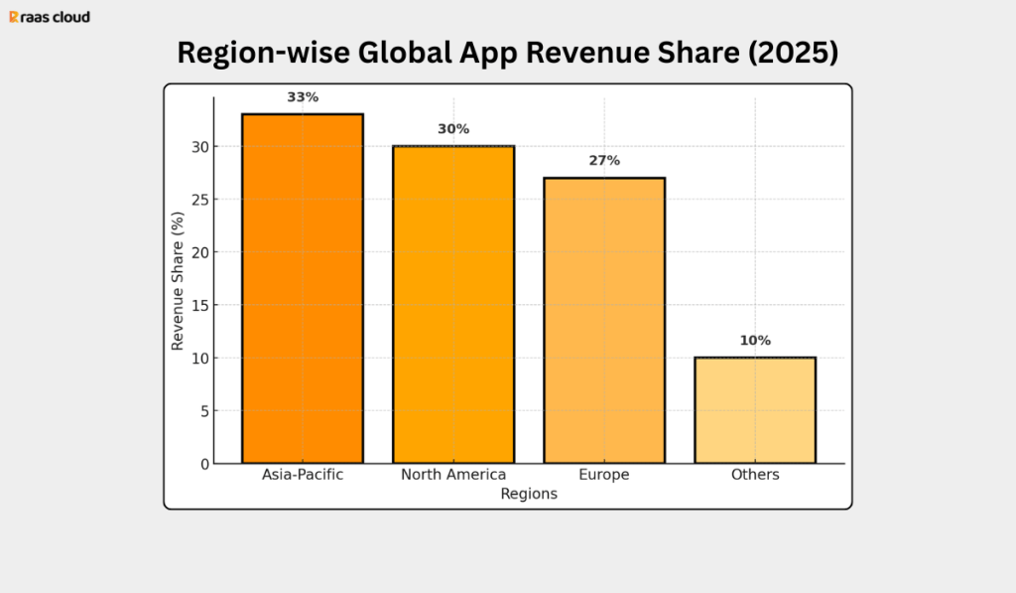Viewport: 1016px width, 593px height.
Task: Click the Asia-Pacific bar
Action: pos(303,288)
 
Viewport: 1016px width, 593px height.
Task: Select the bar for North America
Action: pos(453,304)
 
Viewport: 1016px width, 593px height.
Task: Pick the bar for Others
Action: pos(755,409)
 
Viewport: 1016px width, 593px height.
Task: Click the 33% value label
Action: pos(303,97)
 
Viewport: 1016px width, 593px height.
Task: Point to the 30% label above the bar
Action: pos(453,129)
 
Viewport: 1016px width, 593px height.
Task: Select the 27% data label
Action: pos(604,161)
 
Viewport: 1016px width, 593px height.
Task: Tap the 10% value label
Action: pos(755,341)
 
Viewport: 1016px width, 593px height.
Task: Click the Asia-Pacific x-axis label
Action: pos(303,475)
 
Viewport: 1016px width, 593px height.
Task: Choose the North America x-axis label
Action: pos(453,475)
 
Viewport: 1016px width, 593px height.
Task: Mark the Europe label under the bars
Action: pos(604,475)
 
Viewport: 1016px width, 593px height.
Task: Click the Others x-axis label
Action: pos(755,475)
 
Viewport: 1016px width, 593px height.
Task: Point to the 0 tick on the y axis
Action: pos(203,464)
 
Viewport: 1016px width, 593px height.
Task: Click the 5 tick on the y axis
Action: pos(203,411)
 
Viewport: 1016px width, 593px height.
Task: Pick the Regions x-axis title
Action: pos(529,494)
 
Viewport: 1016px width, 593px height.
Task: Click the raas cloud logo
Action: pos(50,17)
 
